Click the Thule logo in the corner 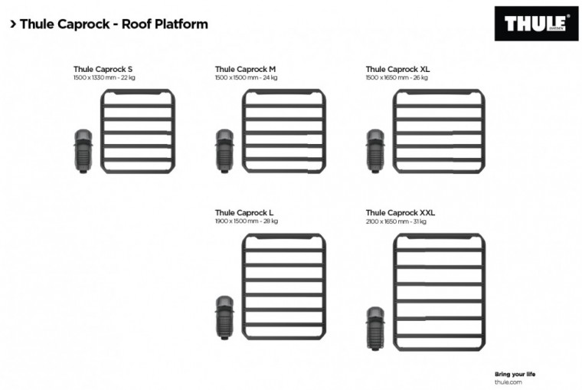point(536,24)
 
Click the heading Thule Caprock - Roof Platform point(113,24)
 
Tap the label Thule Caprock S point(103,69)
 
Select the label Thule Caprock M point(245,69)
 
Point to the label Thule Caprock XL point(397,69)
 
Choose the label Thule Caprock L point(244,212)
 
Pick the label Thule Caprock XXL point(400,212)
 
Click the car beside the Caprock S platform point(83,151)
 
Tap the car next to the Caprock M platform point(224,151)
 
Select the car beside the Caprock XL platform point(374,151)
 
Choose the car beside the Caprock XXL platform point(374,328)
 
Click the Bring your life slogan point(515,373)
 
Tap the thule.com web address point(508,382)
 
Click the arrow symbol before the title point(13,24)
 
